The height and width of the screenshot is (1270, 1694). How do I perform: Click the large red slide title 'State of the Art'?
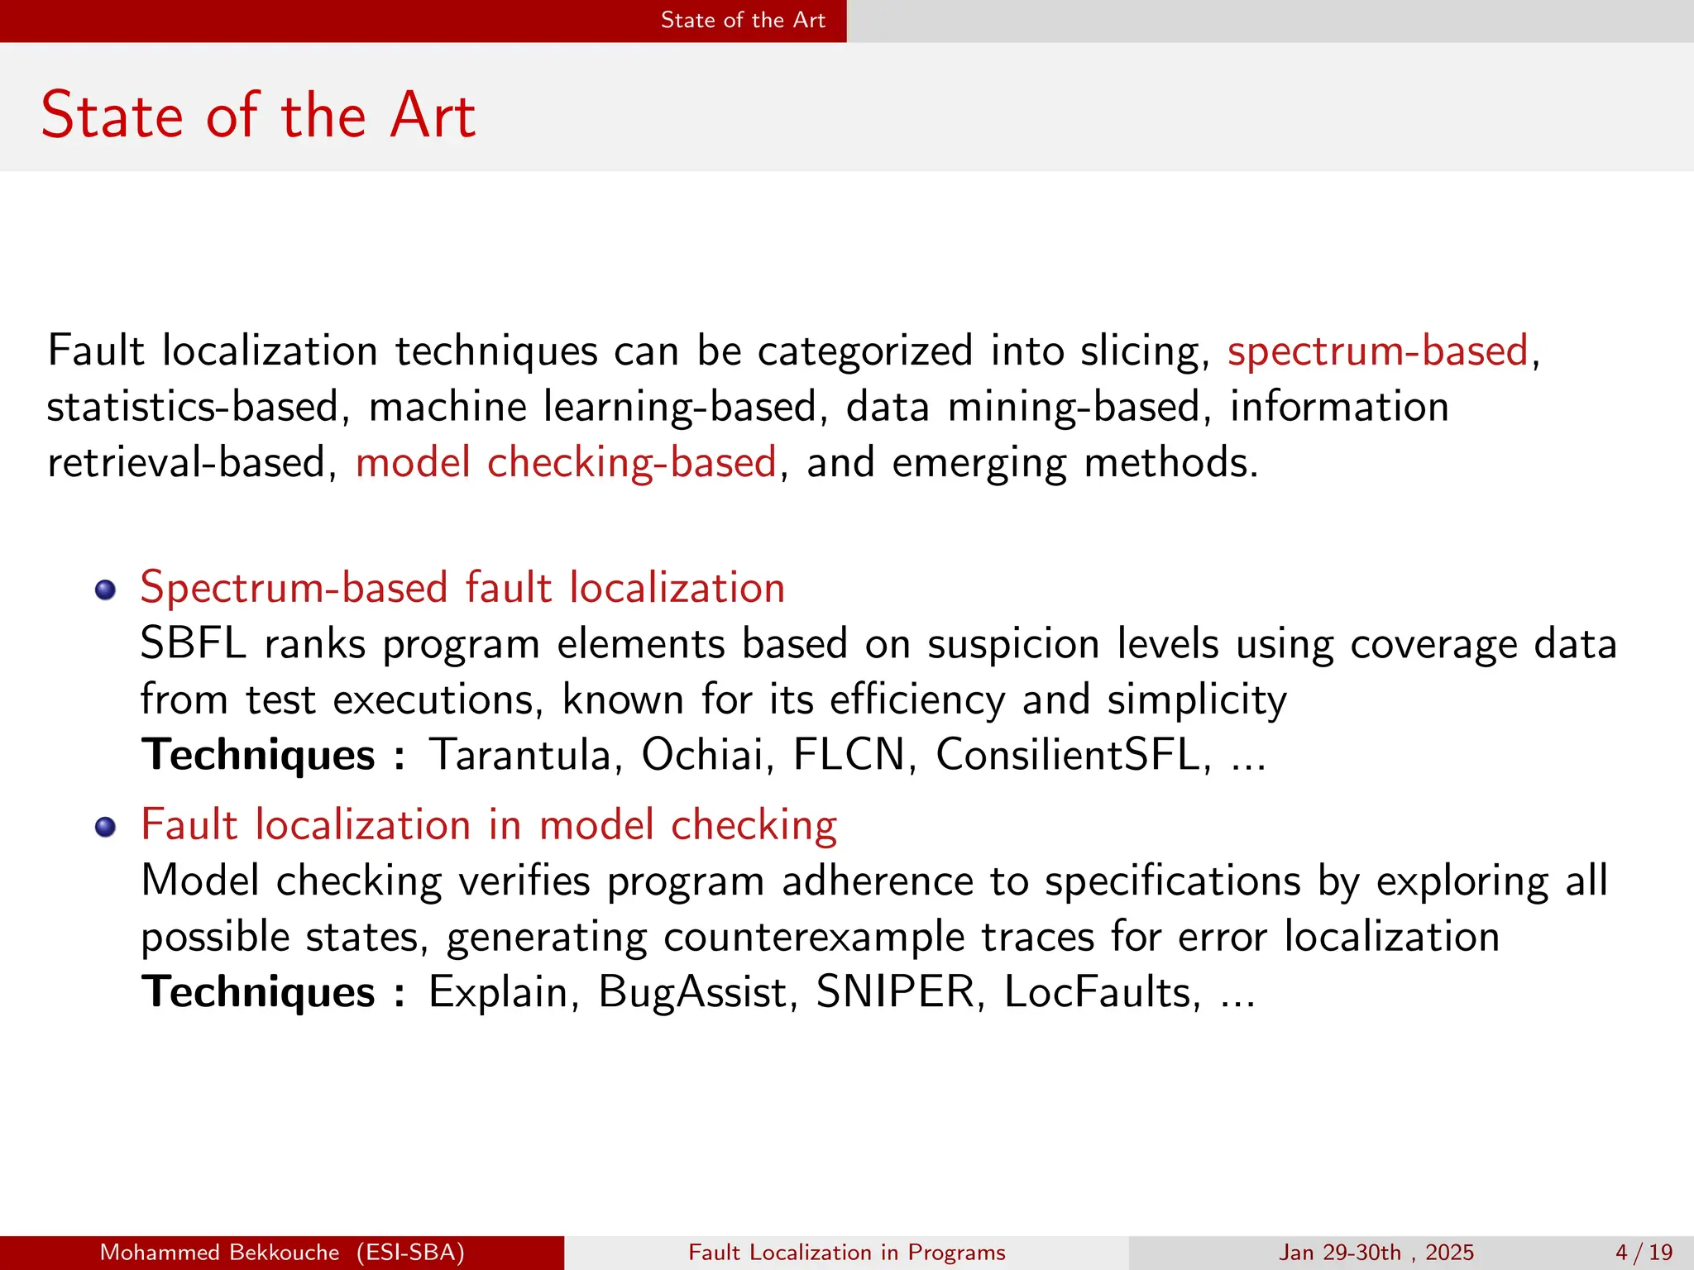click(258, 115)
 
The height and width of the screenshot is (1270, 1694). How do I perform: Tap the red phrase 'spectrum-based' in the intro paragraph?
click(1377, 351)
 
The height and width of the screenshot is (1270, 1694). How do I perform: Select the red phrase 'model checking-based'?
click(566, 462)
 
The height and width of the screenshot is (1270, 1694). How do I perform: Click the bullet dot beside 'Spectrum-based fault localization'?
click(105, 590)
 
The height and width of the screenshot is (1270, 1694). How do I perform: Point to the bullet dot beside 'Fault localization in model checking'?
click(105, 827)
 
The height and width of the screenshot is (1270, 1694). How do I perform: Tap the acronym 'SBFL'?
click(194, 644)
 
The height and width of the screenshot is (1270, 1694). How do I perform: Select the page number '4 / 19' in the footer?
click(1644, 1253)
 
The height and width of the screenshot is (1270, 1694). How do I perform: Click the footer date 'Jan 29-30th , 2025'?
click(1376, 1253)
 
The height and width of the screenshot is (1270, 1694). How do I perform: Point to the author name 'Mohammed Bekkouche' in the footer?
click(219, 1253)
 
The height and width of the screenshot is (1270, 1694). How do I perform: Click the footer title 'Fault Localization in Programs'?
click(847, 1253)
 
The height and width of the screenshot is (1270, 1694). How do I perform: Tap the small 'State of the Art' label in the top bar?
click(743, 21)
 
